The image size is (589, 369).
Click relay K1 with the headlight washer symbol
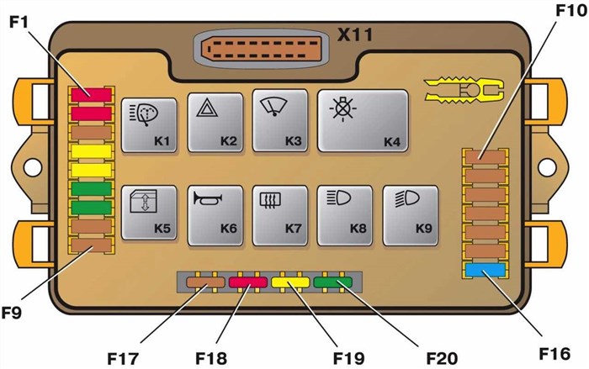149,124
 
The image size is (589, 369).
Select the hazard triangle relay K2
215,122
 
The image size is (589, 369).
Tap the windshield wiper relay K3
279,122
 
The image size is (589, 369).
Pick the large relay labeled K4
363,122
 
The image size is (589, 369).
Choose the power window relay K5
149,213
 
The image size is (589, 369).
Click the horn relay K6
215,213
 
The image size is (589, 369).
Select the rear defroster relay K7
279,213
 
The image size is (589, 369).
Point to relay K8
344,213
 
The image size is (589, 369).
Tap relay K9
410,213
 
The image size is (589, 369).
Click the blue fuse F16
485,269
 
